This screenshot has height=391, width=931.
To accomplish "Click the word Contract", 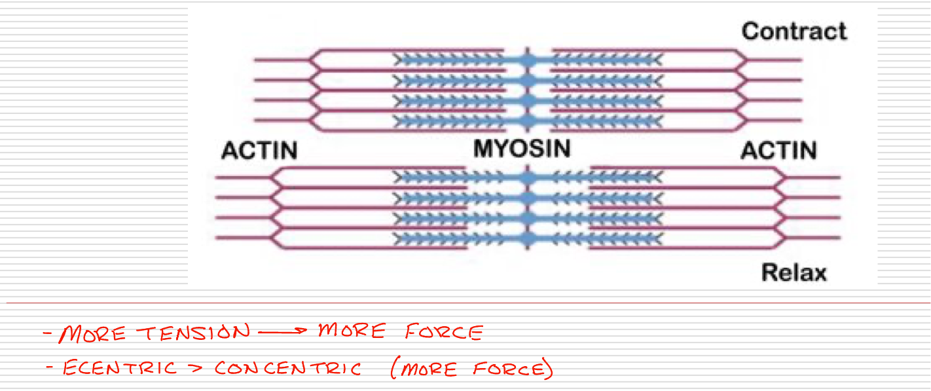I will [794, 31].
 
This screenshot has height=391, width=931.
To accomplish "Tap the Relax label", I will [794, 272].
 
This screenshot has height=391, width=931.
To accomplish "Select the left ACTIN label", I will [259, 151].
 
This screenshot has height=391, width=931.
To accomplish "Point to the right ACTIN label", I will [778, 151].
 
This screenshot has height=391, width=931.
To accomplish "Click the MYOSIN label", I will [522, 149].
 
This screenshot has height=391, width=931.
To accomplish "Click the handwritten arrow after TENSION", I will [282, 332].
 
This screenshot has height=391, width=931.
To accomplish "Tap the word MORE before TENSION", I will [92, 334].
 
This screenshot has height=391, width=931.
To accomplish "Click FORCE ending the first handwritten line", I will [444, 332].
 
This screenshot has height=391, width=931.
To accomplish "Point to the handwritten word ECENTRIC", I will [119, 368].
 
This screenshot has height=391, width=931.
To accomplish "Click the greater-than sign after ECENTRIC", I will [196, 368].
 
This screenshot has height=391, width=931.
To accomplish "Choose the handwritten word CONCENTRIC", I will [288, 369].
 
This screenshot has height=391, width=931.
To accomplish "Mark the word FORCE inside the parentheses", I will [511, 369].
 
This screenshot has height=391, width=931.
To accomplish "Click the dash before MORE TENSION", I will [48, 335].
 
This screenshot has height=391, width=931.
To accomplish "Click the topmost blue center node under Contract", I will [528, 60].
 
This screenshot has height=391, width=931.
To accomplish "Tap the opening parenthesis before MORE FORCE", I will [394, 369].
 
